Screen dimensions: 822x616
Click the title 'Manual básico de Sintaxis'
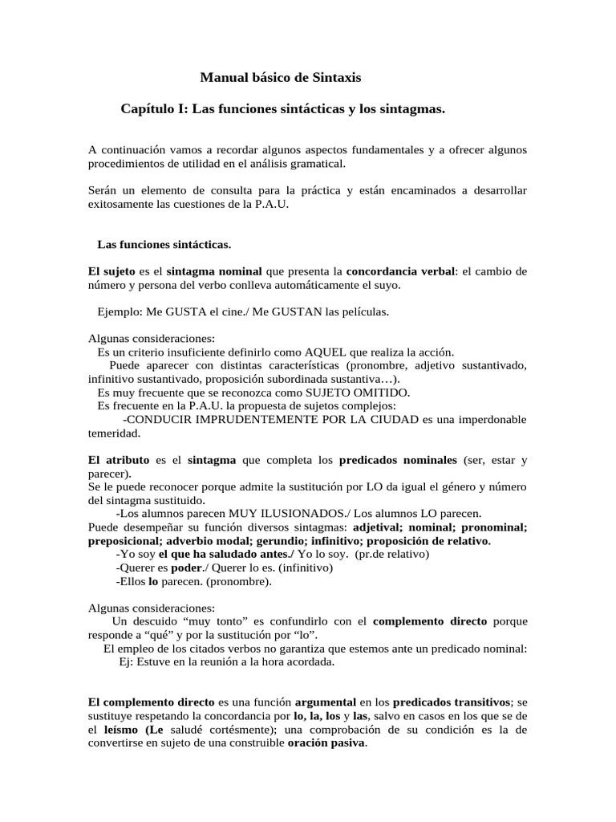(x=280, y=78)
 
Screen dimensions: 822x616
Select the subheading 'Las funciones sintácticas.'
(x=164, y=243)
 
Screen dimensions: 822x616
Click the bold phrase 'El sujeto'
(x=112, y=271)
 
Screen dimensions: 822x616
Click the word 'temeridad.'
(x=114, y=433)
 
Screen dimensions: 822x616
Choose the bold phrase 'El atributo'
(x=117, y=461)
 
